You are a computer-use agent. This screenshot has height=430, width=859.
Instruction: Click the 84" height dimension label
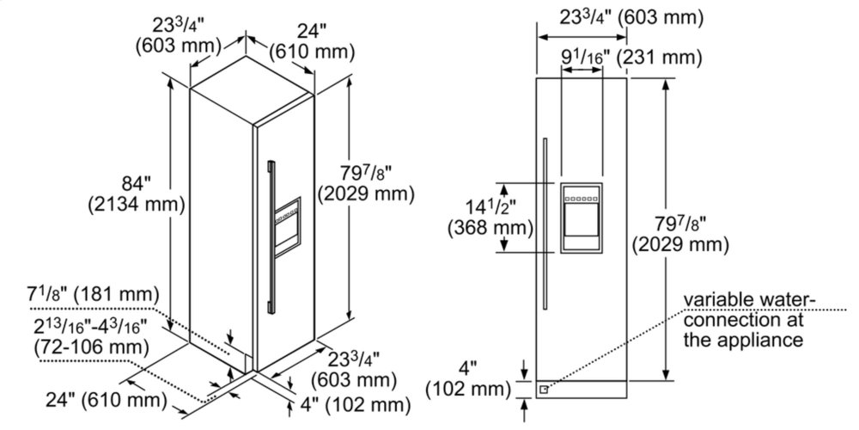click(136, 183)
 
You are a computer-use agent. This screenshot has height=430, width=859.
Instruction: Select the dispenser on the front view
click(581, 217)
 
